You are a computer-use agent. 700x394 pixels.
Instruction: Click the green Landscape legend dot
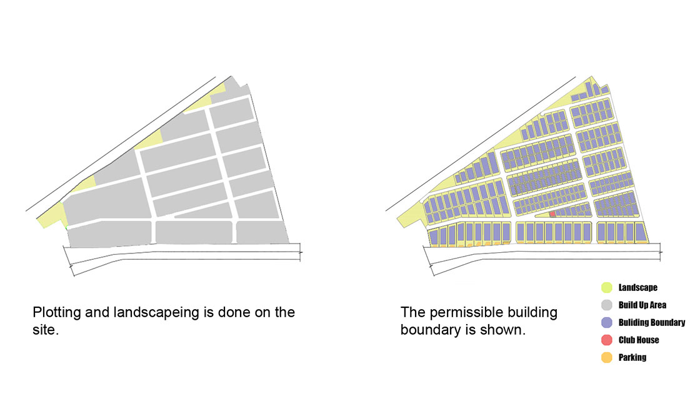606,287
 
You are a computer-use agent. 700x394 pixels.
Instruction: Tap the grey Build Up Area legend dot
606,305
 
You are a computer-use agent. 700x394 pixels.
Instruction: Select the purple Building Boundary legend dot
606,323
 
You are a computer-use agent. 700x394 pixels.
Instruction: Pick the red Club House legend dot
606,340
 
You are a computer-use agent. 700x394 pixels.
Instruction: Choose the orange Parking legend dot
606,357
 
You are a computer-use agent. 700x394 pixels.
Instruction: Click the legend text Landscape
638,288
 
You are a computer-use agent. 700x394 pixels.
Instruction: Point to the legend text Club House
639,340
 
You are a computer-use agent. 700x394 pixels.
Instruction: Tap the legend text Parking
632,357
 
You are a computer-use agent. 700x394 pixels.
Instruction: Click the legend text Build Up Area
642,305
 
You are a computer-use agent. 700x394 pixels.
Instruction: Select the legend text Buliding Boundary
652,323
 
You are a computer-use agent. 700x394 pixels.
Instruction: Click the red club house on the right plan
552,214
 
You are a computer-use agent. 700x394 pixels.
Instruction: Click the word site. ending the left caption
46,330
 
